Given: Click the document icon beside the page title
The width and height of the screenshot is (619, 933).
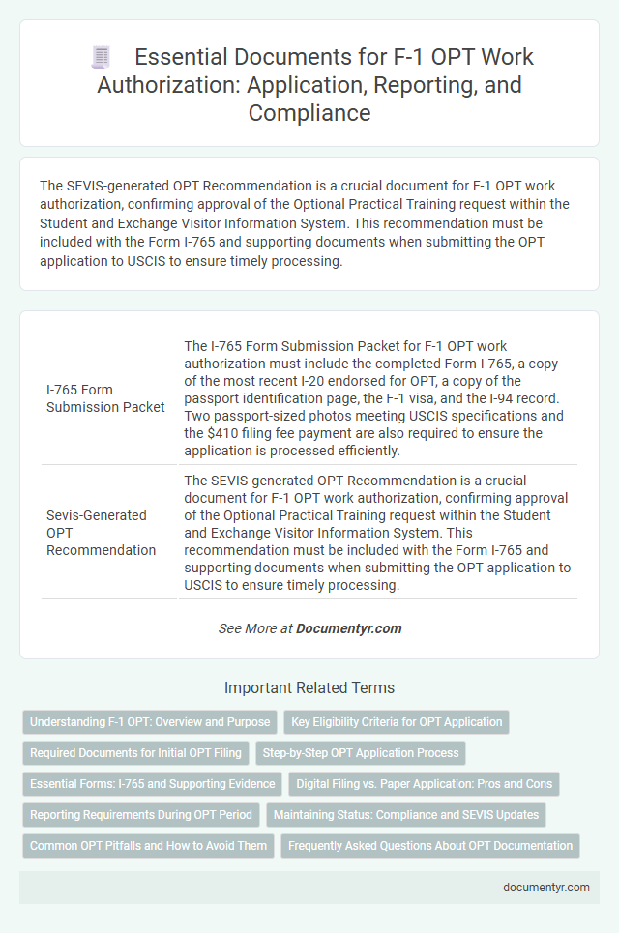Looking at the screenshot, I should click(x=102, y=57).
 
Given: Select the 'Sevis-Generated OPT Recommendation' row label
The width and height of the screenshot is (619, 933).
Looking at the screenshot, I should click(x=101, y=532).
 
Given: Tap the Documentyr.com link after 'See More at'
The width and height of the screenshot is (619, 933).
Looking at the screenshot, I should click(x=348, y=628).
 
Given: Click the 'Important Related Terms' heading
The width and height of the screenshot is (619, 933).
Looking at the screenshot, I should click(x=309, y=688).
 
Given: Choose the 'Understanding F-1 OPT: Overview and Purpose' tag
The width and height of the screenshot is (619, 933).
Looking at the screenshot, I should click(x=149, y=722).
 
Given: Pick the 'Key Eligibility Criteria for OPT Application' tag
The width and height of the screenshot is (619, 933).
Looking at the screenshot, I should click(x=397, y=722).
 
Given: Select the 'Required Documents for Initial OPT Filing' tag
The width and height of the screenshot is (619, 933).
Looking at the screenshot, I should click(x=137, y=753).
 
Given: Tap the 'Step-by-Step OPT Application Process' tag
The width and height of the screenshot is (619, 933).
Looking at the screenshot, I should click(x=364, y=753).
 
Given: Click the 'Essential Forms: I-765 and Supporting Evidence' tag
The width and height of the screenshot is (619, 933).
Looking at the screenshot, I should click(x=152, y=784).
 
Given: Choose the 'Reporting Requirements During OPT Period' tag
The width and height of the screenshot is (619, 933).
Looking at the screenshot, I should click(x=140, y=815).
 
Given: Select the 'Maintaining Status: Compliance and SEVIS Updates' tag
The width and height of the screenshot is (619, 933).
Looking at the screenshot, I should click(x=406, y=815).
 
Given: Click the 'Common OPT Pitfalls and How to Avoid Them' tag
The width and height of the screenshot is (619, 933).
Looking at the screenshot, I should click(x=148, y=846).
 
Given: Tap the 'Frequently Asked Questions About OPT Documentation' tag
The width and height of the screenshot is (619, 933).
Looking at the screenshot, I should click(x=430, y=846).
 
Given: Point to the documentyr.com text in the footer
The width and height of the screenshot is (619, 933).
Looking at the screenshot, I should click(x=546, y=887).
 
